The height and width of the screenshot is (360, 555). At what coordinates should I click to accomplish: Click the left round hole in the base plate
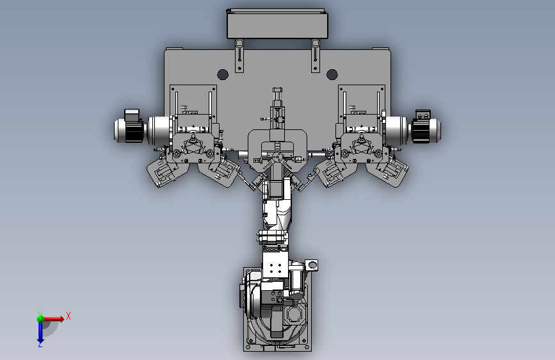(x=223, y=75)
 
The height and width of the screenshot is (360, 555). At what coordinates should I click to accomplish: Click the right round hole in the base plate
(x=332, y=75)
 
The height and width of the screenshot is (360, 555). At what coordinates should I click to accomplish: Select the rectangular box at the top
(x=277, y=24)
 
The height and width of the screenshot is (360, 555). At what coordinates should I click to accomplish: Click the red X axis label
(x=68, y=316)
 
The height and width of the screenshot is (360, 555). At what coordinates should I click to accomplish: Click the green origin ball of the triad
(x=40, y=318)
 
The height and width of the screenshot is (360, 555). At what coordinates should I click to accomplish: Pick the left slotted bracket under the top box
(x=239, y=56)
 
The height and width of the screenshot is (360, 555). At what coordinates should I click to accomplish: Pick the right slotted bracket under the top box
(x=316, y=56)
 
